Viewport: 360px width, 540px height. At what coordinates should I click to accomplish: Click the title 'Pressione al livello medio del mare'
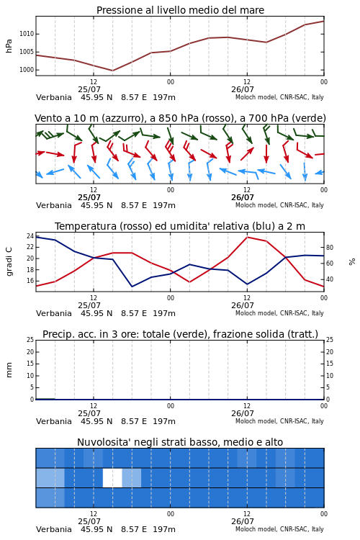pos(180,10)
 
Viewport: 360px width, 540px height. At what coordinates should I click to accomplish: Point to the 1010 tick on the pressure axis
pos(27,34)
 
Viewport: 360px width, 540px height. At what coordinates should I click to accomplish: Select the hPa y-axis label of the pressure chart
pos(9,46)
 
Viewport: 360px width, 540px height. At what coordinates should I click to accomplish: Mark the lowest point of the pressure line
pos(112,71)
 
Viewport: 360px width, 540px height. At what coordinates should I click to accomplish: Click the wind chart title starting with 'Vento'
pos(180,118)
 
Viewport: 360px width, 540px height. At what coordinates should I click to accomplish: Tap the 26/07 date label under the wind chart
pos(243,197)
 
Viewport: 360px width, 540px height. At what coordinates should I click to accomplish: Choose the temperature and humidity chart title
pos(180,226)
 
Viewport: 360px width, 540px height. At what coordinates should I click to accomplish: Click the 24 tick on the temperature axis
pos(30,236)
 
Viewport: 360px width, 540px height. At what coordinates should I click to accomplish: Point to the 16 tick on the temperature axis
pos(30,281)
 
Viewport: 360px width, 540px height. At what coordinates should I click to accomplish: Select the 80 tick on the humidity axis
pos(330,247)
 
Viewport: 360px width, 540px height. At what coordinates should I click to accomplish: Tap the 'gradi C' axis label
pos(9,261)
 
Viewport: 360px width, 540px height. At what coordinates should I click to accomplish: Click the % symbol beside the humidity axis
pos(352,262)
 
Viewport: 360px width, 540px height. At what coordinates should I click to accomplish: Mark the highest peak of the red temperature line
pos(247,237)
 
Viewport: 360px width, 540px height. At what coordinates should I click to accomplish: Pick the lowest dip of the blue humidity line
pos(132,287)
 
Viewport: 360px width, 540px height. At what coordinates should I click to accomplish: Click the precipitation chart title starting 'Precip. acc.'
pos(180,334)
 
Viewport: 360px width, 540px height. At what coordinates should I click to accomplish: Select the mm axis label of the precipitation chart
pos(9,370)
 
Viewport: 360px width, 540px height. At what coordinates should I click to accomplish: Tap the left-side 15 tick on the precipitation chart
pos(30,364)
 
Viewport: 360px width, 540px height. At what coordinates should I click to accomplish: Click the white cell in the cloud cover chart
pos(112,477)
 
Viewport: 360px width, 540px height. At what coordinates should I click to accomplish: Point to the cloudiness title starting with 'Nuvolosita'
pos(180,442)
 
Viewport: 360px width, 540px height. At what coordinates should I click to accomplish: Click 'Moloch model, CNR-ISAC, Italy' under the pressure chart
pos(279,97)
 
